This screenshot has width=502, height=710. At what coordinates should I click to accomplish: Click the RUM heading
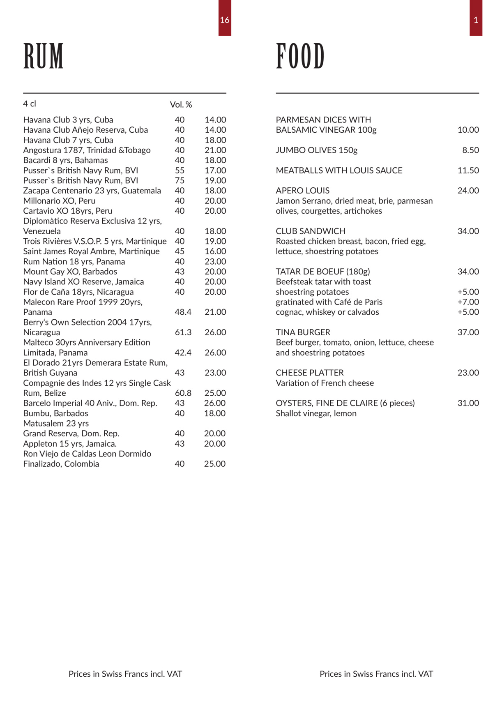(x=44, y=56)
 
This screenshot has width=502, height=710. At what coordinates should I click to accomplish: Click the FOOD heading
(x=300, y=56)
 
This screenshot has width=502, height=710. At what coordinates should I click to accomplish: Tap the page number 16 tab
(x=225, y=20)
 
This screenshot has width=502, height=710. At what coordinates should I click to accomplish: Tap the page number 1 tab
(x=476, y=20)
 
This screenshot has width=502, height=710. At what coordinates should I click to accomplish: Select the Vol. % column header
(x=181, y=105)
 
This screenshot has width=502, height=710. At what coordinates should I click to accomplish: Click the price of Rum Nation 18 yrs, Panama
(x=215, y=262)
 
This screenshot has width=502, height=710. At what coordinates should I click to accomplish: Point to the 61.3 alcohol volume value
(x=183, y=332)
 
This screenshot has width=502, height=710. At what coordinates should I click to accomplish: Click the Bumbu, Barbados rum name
(x=55, y=413)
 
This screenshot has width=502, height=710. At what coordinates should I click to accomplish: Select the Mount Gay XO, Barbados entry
(x=70, y=272)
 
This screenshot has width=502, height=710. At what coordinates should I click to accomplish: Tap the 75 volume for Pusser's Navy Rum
(x=180, y=181)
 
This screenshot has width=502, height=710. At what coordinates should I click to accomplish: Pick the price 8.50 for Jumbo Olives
(x=470, y=150)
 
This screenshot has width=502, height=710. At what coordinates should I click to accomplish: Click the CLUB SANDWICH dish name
(x=311, y=231)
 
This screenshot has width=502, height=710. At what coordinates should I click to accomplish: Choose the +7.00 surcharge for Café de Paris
(x=468, y=302)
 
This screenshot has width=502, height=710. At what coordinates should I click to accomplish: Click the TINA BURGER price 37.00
(x=468, y=332)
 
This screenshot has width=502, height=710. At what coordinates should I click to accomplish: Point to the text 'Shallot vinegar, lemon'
(x=316, y=413)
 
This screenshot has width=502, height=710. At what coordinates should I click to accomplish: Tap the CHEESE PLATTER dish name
(x=310, y=373)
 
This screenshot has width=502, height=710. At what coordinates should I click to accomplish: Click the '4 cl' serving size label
(x=30, y=104)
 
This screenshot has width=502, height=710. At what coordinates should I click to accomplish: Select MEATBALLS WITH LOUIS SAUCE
(x=339, y=171)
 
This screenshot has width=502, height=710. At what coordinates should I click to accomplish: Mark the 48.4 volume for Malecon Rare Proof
(x=183, y=312)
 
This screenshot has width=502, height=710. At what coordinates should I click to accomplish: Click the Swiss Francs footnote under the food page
(x=376, y=674)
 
